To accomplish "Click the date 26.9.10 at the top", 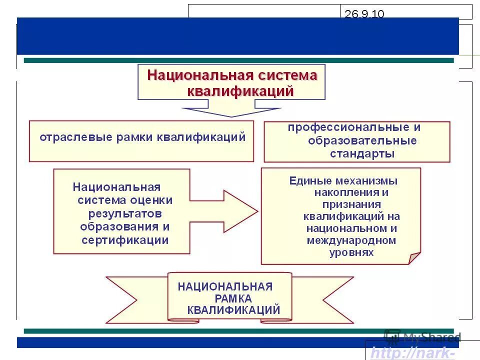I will coord(364,14).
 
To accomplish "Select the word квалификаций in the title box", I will coord(240,91).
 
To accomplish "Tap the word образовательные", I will coord(362,140).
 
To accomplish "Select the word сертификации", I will coord(124,240).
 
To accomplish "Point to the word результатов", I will coord(125,213).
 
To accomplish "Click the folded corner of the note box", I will coord(414,258).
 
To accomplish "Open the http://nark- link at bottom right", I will coord(412,353).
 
